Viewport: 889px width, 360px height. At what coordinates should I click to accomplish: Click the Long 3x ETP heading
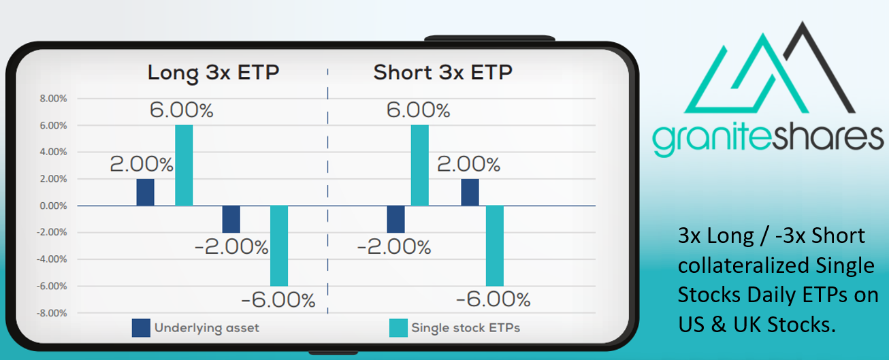[x=214, y=73]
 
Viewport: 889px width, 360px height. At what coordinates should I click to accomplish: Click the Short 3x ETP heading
[x=443, y=72]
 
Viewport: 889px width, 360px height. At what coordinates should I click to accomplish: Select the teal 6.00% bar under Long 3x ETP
[x=184, y=165]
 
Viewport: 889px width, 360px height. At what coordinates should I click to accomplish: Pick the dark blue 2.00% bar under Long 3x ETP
[x=145, y=193]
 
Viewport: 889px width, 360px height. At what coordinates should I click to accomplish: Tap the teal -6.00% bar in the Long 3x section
[x=279, y=246]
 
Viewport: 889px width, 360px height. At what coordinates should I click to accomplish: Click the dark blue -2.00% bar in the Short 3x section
[x=395, y=219]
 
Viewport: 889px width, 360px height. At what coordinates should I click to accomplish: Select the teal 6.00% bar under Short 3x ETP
[x=419, y=165]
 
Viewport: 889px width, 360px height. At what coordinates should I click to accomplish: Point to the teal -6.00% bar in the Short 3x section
[x=494, y=246]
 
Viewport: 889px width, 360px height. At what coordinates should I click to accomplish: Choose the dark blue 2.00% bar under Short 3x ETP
[x=470, y=193]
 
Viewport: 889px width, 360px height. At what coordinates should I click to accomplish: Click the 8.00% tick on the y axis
[x=53, y=99]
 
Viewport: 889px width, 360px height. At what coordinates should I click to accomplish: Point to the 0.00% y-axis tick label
[x=53, y=206]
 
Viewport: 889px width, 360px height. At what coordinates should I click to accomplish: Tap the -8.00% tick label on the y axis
[x=52, y=313]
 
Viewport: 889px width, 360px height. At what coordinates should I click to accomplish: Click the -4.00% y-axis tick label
[x=52, y=259]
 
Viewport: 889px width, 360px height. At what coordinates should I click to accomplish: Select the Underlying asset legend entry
[x=195, y=328]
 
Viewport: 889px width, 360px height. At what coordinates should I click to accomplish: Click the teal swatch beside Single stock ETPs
[x=398, y=328]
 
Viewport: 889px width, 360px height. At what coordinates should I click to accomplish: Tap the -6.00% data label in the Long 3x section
[x=278, y=300]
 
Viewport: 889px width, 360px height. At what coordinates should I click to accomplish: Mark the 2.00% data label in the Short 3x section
[x=469, y=164]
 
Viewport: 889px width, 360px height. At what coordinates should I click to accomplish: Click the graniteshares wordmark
[x=768, y=138]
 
